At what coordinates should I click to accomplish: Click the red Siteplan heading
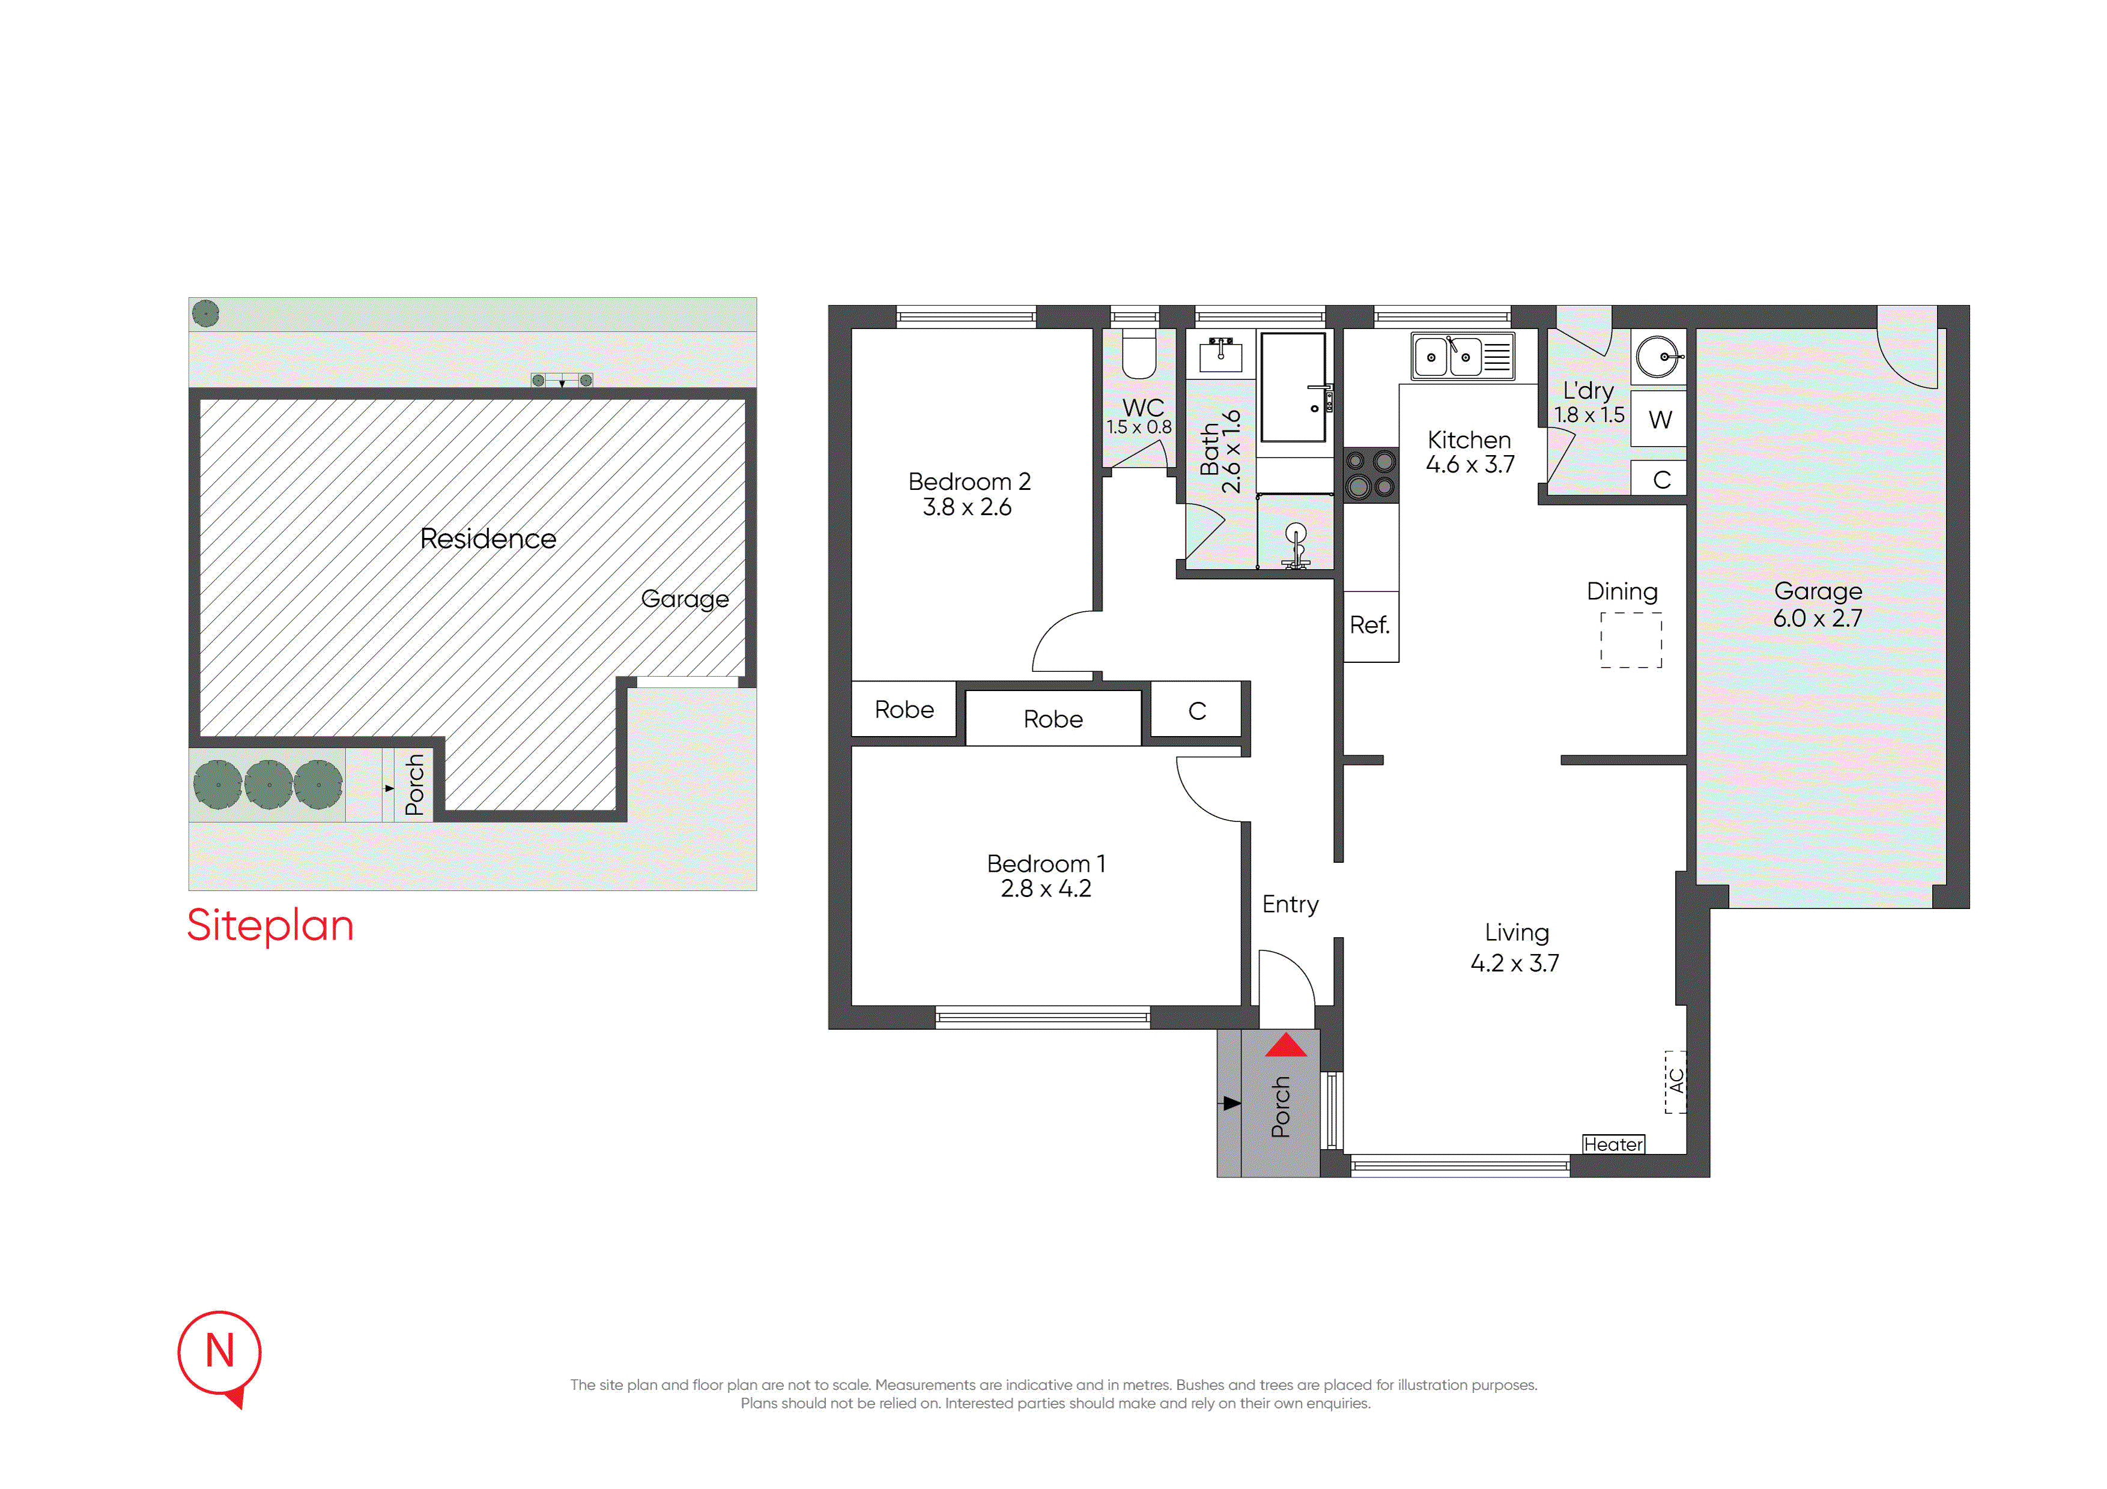tap(270, 926)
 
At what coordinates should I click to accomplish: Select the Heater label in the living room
tap(1613, 1144)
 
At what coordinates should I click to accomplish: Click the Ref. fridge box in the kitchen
tap(1370, 626)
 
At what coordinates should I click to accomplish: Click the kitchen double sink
tap(1463, 356)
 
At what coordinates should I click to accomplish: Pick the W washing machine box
tap(1659, 419)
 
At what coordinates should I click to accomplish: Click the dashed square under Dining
tap(1631, 639)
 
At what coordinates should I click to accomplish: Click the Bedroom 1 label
tap(1046, 863)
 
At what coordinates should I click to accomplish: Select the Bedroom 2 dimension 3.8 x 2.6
tap(967, 507)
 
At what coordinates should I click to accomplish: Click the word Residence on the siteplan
tap(488, 539)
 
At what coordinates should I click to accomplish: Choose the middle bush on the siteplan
tap(269, 784)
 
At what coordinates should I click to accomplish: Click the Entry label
tap(1290, 905)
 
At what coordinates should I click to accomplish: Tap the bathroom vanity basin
tap(1220, 355)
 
